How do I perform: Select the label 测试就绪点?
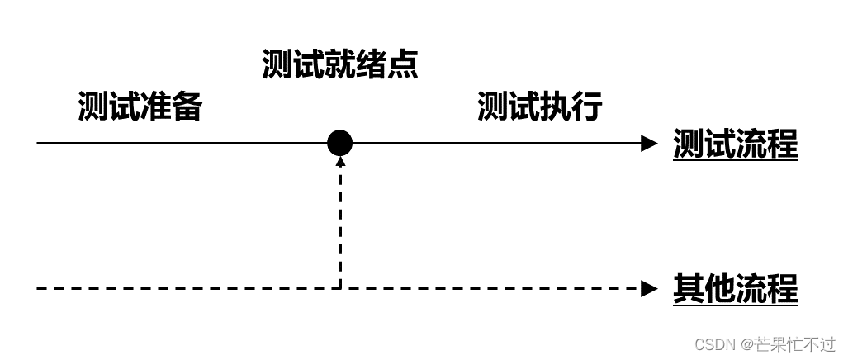pyautogui.click(x=339, y=64)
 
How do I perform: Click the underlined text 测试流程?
pyautogui.click(x=735, y=144)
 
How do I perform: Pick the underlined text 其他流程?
pyautogui.click(x=735, y=289)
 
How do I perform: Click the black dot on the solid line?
pyautogui.click(x=339, y=143)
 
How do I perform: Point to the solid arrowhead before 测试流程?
pyautogui.click(x=649, y=143)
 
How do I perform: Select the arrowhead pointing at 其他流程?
pyautogui.click(x=649, y=288)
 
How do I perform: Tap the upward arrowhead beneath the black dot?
pyautogui.click(x=340, y=161)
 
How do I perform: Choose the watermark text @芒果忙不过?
pyautogui.click(x=788, y=343)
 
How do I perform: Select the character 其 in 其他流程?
pyautogui.click(x=689, y=289)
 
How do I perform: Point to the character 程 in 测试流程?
pyautogui.click(x=783, y=144)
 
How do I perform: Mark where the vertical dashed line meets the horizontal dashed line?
pyautogui.click(x=340, y=288)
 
